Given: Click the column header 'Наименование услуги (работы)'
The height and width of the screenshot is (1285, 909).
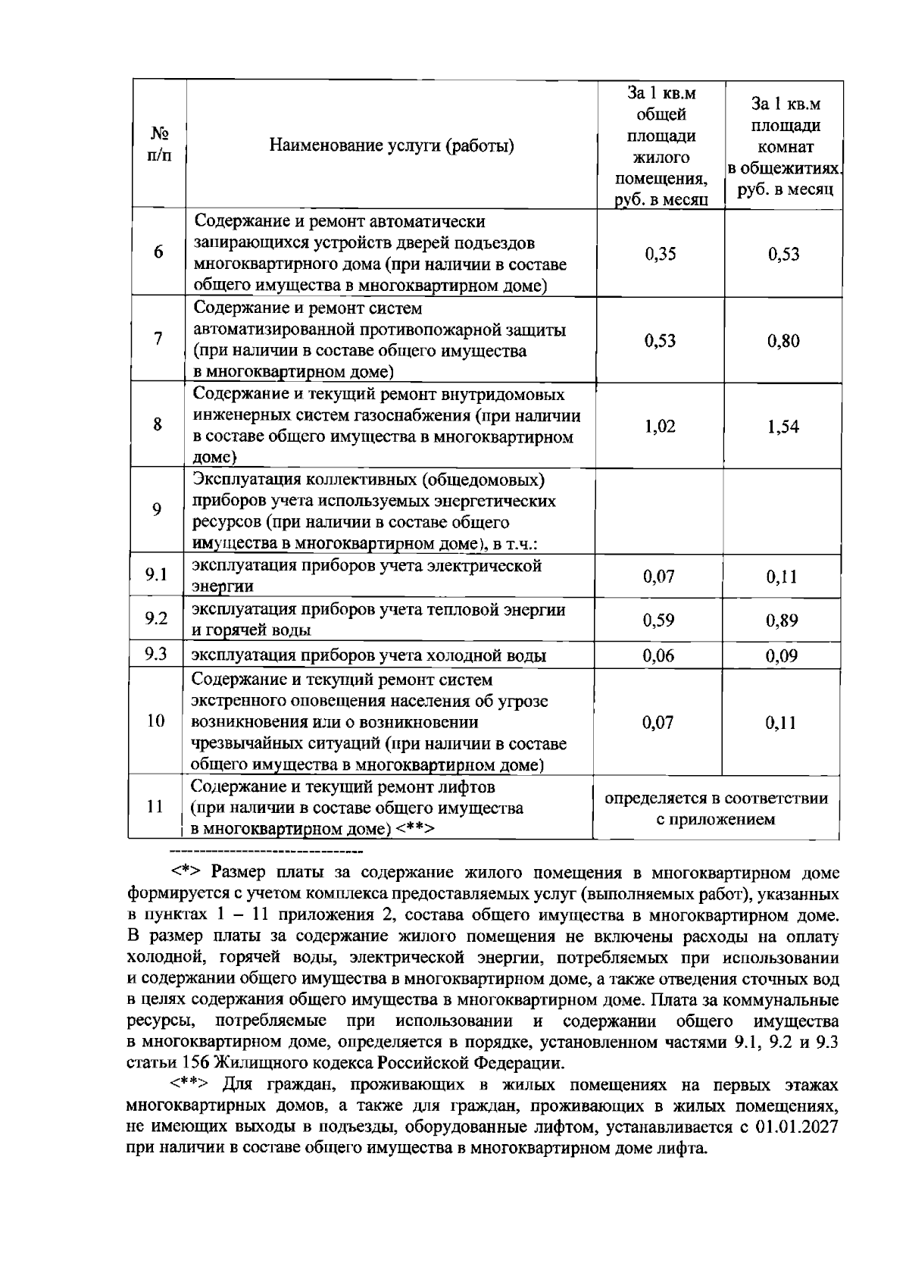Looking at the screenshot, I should [392, 145].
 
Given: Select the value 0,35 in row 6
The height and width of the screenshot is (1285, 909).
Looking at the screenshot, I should [660, 254].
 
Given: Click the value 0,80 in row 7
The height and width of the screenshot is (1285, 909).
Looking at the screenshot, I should [782, 341].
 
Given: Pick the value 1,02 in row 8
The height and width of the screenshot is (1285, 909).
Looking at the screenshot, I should [660, 427].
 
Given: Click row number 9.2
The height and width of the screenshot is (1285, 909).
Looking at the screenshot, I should [156, 619].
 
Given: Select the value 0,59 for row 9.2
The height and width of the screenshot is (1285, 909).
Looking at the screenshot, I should [658, 621].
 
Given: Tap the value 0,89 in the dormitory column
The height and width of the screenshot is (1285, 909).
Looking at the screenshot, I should [782, 621].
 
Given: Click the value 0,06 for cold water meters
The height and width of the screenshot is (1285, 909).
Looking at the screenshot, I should [658, 656].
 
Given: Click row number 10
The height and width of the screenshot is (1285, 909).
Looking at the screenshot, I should [155, 721].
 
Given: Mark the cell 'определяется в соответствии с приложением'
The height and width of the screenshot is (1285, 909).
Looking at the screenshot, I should [715, 808].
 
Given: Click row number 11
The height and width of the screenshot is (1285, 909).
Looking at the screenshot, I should [155, 807].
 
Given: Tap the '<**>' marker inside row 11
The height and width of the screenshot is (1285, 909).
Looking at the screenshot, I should [414, 829].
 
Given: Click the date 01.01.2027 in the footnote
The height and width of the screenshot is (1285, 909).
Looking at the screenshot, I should [797, 1126].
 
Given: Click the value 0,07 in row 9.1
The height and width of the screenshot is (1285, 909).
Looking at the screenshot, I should [658, 577].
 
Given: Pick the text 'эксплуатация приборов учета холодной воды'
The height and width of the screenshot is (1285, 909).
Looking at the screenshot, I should [368, 656].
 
